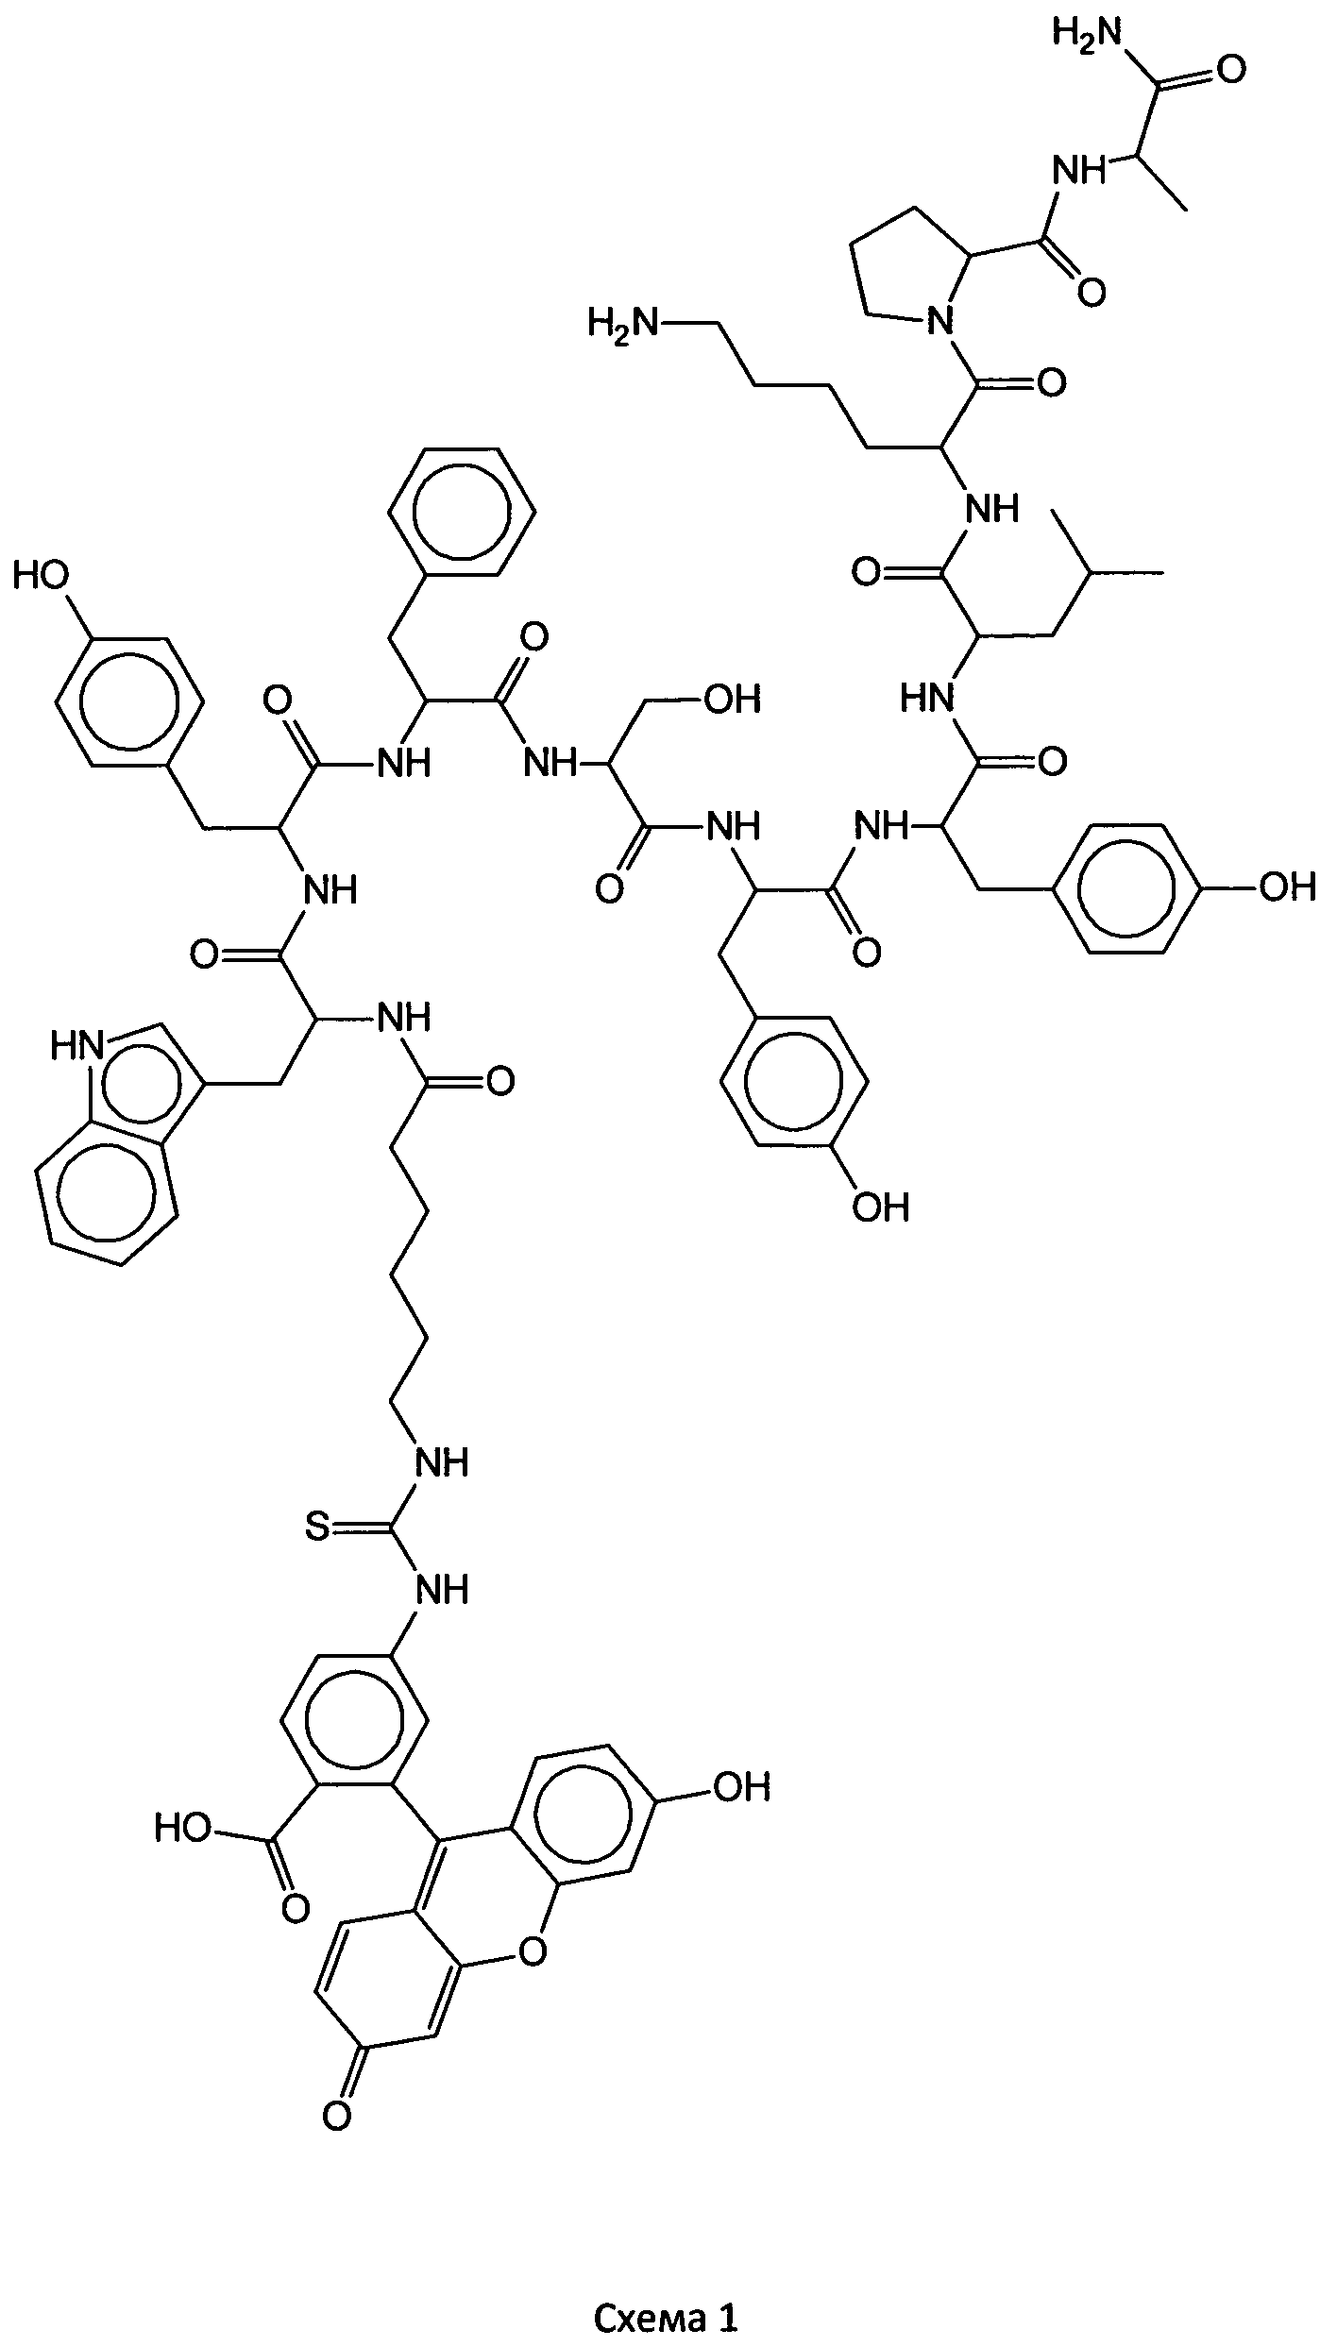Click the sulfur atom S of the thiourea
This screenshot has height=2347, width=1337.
(x=318, y=1528)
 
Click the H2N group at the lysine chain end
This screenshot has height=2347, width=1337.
(x=621, y=324)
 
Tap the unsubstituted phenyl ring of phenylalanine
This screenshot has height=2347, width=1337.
(x=463, y=511)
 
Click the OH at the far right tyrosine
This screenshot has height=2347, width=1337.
(x=1286, y=886)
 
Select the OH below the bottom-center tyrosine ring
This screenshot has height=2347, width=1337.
(x=880, y=1207)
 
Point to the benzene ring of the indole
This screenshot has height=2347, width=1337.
(x=106, y=1201)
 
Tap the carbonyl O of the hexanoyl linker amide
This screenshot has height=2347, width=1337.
(x=500, y=1080)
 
